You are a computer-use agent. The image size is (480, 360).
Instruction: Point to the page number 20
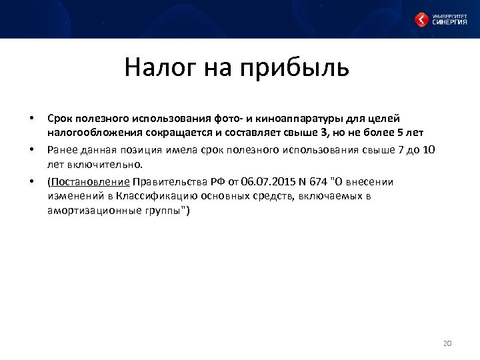447,343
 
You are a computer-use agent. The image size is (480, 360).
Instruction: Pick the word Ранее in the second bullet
62,149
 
